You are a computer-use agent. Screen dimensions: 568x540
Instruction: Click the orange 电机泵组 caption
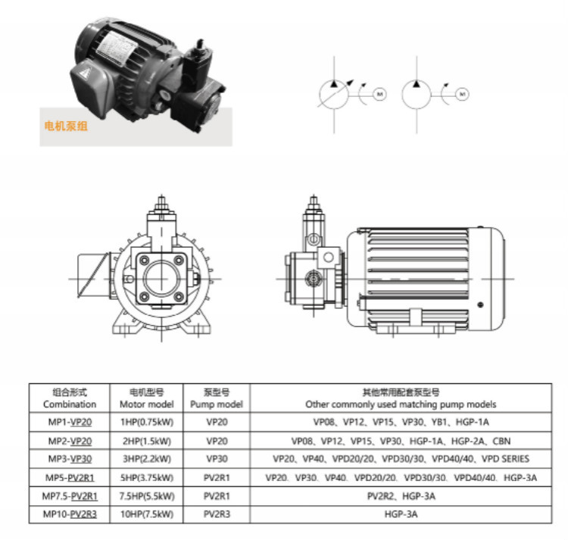tap(66, 126)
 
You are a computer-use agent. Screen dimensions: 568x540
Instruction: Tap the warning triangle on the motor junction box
tap(85, 73)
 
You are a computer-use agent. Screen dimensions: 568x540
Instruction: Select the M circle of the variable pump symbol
tap(379, 94)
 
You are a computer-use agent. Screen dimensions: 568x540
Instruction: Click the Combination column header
tap(70, 398)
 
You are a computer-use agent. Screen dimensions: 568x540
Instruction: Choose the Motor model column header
tap(147, 398)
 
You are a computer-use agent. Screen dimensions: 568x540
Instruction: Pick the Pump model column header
tap(217, 398)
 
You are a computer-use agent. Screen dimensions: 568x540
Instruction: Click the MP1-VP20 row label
tap(70, 423)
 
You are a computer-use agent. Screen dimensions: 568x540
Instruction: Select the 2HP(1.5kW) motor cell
tap(147, 441)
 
